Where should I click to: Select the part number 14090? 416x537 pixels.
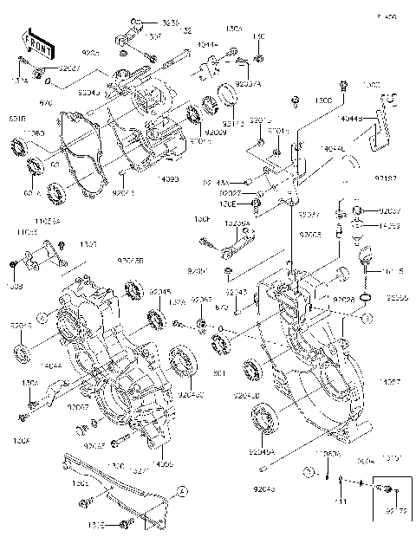coord(169,179)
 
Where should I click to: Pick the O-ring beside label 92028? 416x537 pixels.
coord(367,299)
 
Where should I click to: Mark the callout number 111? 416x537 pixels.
coord(341,502)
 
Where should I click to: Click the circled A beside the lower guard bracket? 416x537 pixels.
coord(183,491)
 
